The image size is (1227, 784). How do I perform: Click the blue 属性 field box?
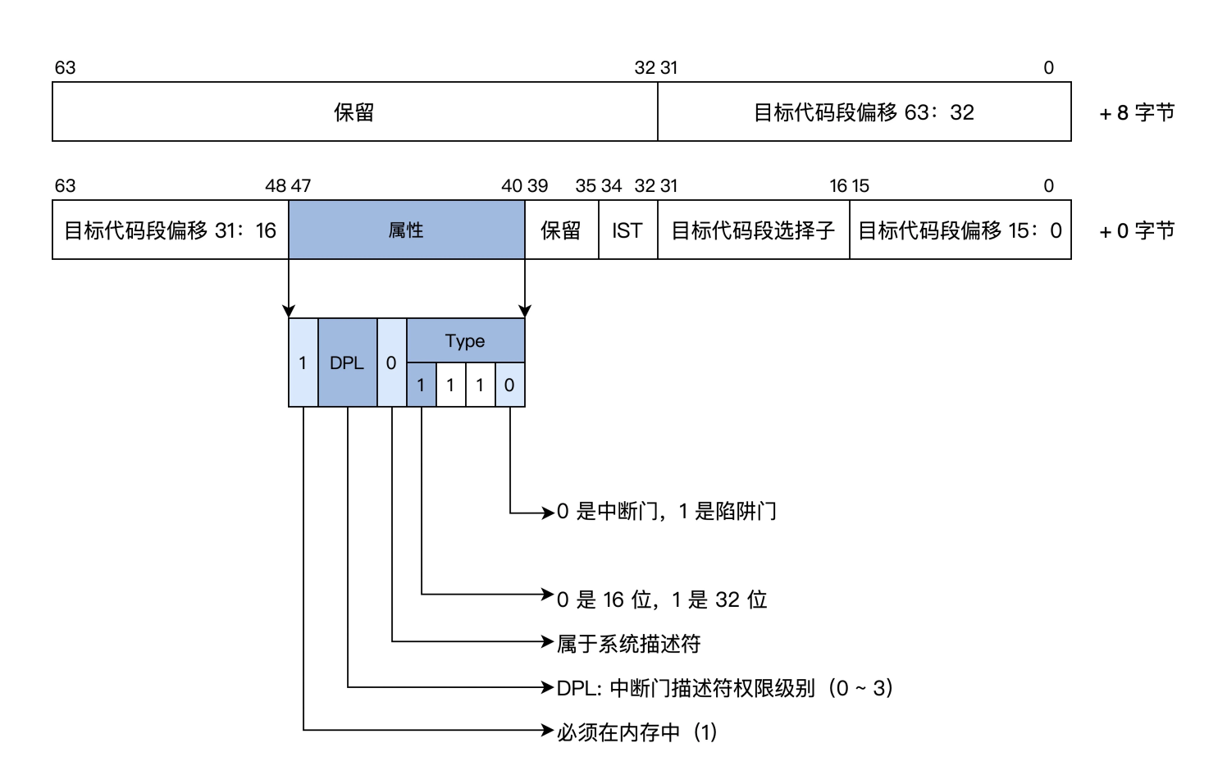[406, 230]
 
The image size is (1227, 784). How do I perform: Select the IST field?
[627, 230]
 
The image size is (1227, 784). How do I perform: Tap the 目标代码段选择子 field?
[753, 230]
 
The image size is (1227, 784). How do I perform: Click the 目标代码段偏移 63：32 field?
[864, 112]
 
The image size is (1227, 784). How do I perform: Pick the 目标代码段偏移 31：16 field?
[170, 230]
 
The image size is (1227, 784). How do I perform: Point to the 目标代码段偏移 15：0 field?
[960, 230]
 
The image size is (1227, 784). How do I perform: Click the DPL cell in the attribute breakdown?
[347, 362]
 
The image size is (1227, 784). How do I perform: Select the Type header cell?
[465, 340]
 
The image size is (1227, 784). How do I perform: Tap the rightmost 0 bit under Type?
[509, 385]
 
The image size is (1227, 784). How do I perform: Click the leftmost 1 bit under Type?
[421, 385]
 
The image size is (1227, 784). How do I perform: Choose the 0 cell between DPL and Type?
[391, 362]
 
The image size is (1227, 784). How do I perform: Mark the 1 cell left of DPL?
[303, 362]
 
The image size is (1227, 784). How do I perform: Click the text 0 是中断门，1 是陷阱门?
[666, 512]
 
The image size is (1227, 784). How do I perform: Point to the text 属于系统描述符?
[628, 644]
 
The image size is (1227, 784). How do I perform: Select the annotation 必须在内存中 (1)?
[636, 732]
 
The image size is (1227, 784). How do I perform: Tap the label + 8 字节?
[1137, 112]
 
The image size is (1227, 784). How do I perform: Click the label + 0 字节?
[1137, 230]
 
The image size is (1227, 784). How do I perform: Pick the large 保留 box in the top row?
[354, 112]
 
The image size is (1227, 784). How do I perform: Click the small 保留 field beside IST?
[561, 230]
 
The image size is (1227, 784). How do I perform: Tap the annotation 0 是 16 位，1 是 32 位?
[661, 599]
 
